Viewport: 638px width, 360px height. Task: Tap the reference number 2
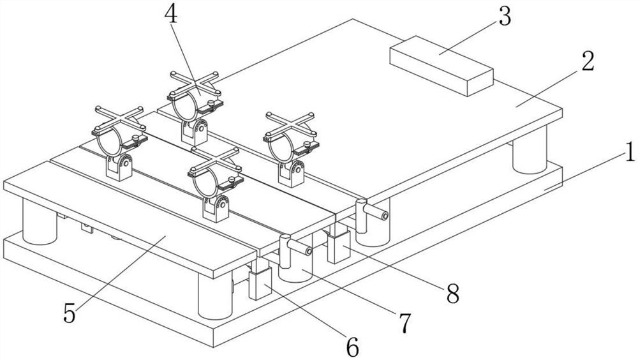pos(587,62)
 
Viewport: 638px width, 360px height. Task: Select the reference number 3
pos(504,17)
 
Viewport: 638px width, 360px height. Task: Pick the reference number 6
pos(352,347)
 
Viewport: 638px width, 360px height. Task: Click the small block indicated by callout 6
pos(260,284)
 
